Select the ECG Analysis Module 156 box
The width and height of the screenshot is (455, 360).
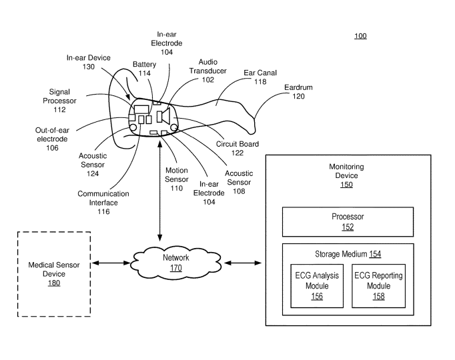click(317, 286)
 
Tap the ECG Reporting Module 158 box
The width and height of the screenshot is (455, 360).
click(378, 286)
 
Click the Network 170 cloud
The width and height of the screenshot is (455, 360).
click(175, 263)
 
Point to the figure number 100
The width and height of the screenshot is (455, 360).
click(360, 36)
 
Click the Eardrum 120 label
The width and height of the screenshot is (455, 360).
click(298, 91)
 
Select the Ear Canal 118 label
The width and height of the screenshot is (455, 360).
click(260, 77)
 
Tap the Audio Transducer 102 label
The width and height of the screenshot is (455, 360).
click(207, 70)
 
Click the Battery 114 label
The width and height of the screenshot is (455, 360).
click(144, 69)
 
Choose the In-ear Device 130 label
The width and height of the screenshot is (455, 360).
click(89, 62)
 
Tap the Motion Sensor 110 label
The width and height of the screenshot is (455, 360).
click(176, 179)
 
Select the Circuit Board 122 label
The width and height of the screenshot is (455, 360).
click(238, 148)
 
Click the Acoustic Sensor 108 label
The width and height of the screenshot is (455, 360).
click(238, 182)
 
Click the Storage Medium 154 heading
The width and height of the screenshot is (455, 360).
click(348, 253)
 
